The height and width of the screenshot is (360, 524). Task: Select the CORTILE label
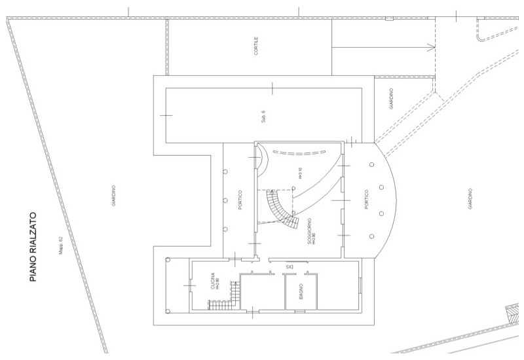[256, 46]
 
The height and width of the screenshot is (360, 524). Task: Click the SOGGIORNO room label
[309, 232]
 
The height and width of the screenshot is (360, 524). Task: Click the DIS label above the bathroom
[289, 266]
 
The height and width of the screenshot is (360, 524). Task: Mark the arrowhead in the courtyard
[431, 46]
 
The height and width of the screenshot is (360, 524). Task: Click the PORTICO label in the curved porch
[365, 199]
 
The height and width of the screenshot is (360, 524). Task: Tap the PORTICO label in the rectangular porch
[240, 199]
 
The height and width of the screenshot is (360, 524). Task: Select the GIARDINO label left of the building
[113, 195]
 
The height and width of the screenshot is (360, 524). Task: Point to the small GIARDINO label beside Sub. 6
[391, 98]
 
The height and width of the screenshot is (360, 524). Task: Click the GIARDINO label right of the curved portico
[470, 199]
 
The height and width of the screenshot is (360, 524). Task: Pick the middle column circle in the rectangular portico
[225, 200]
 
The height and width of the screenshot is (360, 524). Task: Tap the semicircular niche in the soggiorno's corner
[260, 159]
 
